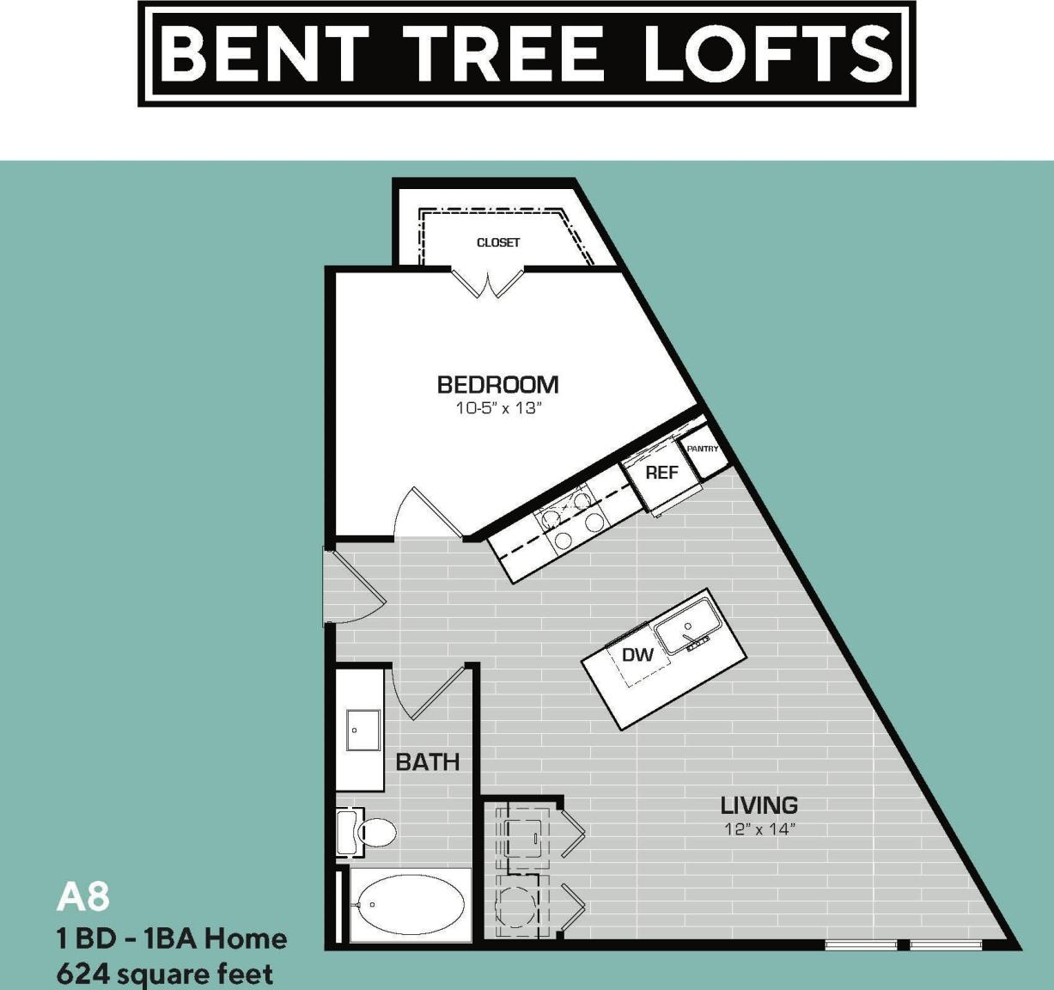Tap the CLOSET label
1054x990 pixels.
[498, 242]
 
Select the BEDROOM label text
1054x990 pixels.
[497, 384]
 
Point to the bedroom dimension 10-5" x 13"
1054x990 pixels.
[497, 408]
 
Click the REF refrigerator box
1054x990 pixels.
[661, 473]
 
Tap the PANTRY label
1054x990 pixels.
[703, 449]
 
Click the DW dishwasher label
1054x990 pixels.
[637, 655]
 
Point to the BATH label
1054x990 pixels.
[427, 761]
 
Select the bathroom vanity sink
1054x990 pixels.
[360, 730]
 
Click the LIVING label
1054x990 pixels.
[759, 805]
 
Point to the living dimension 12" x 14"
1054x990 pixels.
[759, 829]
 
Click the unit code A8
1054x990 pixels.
[82, 897]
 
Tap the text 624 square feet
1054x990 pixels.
[164, 975]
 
